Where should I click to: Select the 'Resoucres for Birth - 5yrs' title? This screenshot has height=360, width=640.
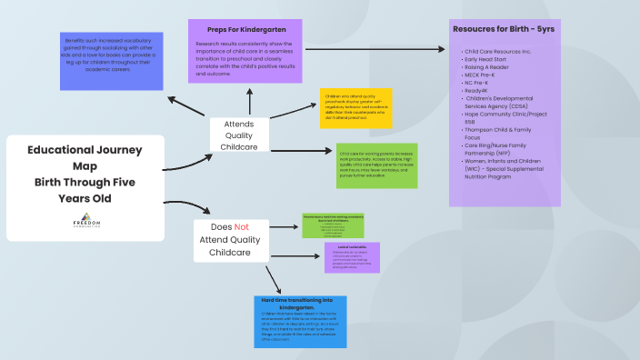pyautogui.click(x=505, y=29)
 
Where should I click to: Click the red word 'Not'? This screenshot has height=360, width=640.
pyautogui.click(x=241, y=227)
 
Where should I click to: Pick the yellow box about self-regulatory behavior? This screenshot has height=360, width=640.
pyautogui.click(x=355, y=109)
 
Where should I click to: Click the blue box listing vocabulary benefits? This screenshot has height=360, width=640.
pyautogui.click(x=105, y=62)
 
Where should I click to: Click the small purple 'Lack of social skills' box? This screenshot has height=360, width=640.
pyautogui.click(x=351, y=257)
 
